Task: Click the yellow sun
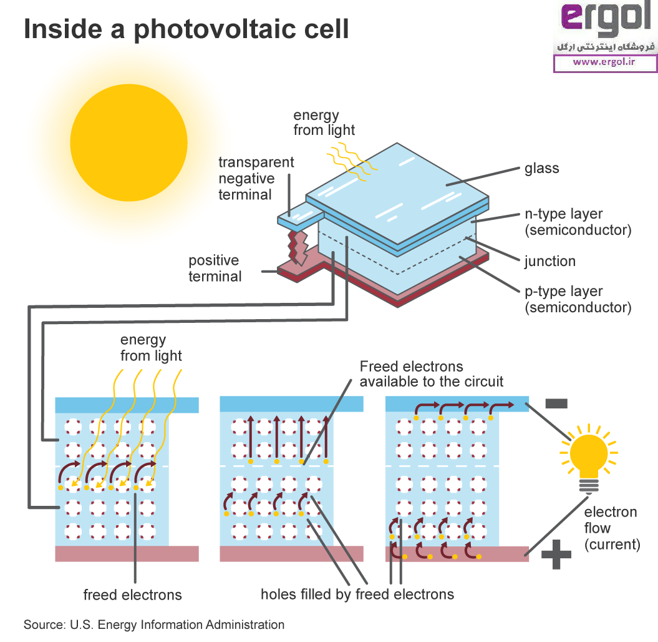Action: click(x=128, y=142)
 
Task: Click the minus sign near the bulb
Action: click(x=556, y=403)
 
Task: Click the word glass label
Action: click(x=541, y=168)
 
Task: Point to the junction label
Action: click(x=549, y=261)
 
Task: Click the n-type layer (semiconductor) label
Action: click(x=577, y=222)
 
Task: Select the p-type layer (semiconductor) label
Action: click(x=577, y=299)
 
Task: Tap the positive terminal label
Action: click(x=215, y=268)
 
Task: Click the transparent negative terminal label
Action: click(x=256, y=179)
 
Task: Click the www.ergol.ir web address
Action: click(x=603, y=62)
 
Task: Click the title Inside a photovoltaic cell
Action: click(x=186, y=29)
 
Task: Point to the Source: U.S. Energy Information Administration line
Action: click(x=154, y=625)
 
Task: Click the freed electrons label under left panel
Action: click(x=133, y=595)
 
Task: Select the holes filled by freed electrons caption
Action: click(x=357, y=593)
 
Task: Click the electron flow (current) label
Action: click(x=611, y=528)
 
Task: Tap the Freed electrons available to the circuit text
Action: click(x=432, y=373)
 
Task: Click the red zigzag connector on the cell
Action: click(x=301, y=246)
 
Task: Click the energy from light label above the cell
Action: click(x=324, y=122)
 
